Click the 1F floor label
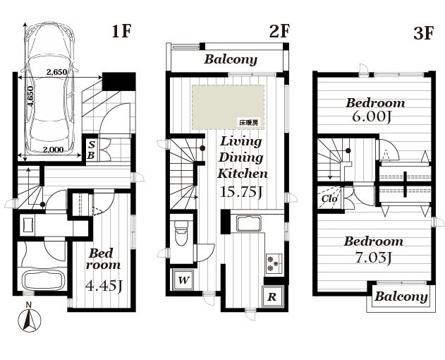[121, 31]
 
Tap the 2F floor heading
[279, 31]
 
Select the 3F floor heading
[423, 33]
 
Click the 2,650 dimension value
[56, 72]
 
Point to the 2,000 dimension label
[54, 150]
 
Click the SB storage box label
[91, 150]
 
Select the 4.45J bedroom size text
[104, 286]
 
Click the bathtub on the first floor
[43, 280]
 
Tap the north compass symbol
[29, 319]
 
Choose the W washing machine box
[183, 280]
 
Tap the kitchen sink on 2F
[249, 224]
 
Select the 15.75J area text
[240, 193]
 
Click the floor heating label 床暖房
[249, 123]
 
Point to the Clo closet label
[329, 198]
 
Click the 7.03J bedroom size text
[374, 258]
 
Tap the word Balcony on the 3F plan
[401, 296]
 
